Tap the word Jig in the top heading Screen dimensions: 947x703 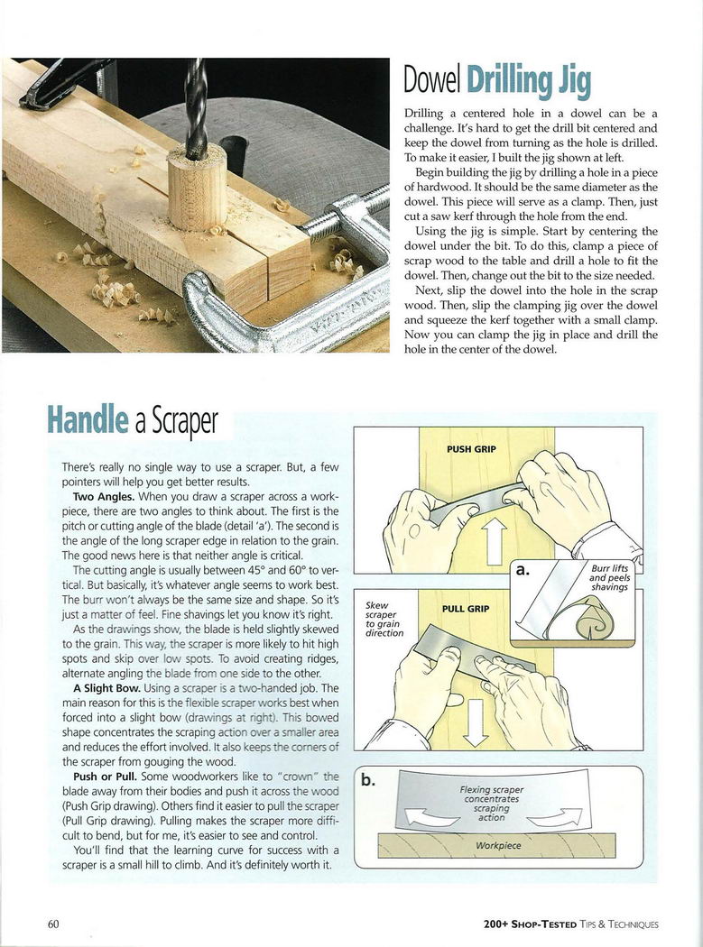(574, 84)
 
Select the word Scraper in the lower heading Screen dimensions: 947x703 (179, 419)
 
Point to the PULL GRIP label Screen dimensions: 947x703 (465, 609)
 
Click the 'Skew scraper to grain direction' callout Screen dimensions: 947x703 (384, 620)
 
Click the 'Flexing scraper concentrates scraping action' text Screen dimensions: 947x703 (492, 803)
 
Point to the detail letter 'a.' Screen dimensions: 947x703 (524, 570)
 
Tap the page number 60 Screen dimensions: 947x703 (53, 924)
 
